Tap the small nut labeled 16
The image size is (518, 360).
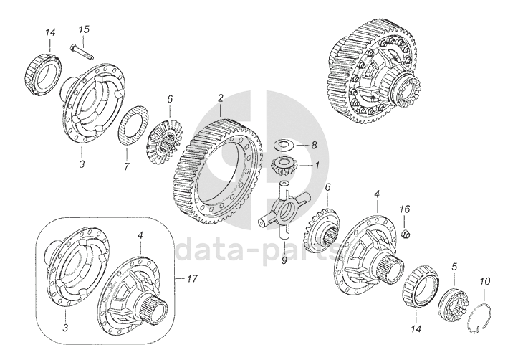(405, 234)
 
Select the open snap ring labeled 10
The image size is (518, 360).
(481, 318)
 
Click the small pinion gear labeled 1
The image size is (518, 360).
(284, 165)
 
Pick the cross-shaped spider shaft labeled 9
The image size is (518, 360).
(284, 209)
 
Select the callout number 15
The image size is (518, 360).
(84, 29)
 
